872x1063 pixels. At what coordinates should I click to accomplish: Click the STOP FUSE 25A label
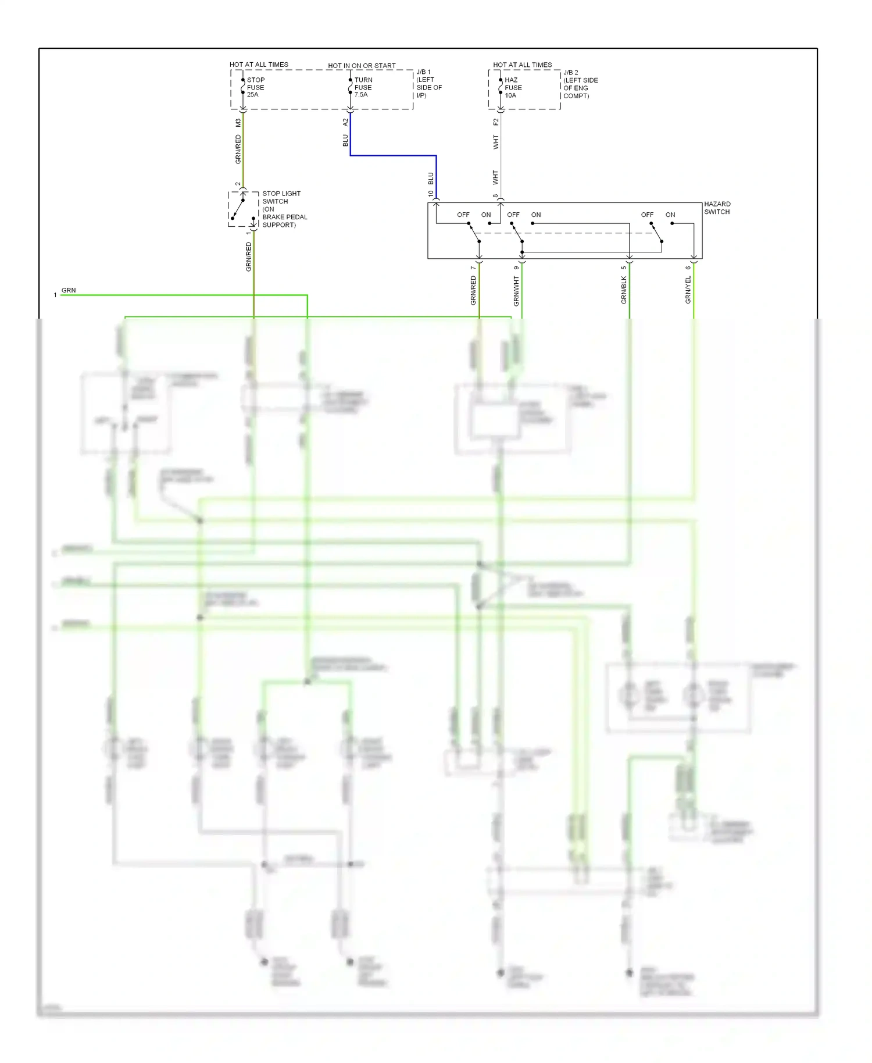pyautogui.click(x=255, y=87)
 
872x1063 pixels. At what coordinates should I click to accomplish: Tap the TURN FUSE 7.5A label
pyautogui.click(x=363, y=87)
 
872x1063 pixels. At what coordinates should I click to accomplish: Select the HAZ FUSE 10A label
pyautogui.click(x=513, y=88)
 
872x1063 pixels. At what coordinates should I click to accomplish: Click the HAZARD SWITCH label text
pyautogui.click(x=717, y=208)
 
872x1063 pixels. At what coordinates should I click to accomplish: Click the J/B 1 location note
pyautogui.click(x=428, y=84)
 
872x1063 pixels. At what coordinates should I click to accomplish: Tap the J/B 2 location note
pyautogui.click(x=580, y=84)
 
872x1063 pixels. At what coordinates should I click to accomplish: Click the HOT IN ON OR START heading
pyautogui.click(x=362, y=66)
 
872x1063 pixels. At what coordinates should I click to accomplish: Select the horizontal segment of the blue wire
pyautogui.click(x=393, y=155)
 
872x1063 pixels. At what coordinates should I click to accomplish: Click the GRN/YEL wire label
pyautogui.click(x=688, y=290)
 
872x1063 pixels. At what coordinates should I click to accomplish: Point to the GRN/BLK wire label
pyautogui.click(x=624, y=290)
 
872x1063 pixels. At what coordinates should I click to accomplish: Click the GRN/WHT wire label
pyautogui.click(x=516, y=291)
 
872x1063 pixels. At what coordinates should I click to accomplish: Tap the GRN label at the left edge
pyautogui.click(x=69, y=290)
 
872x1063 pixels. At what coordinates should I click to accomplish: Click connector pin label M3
pyautogui.click(x=238, y=123)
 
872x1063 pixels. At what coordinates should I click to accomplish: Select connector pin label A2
pyautogui.click(x=345, y=122)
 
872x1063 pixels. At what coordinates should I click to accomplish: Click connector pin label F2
pyautogui.click(x=495, y=122)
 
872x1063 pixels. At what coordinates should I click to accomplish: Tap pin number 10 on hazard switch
pyautogui.click(x=430, y=194)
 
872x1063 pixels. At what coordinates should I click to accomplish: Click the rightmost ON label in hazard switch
pyautogui.click(x=670, y=215)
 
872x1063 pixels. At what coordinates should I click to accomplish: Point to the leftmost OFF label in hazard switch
pyautogui.click(x=463, y=215)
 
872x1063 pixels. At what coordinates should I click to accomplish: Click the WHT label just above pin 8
pyautogui.click(x=495, y=177)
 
